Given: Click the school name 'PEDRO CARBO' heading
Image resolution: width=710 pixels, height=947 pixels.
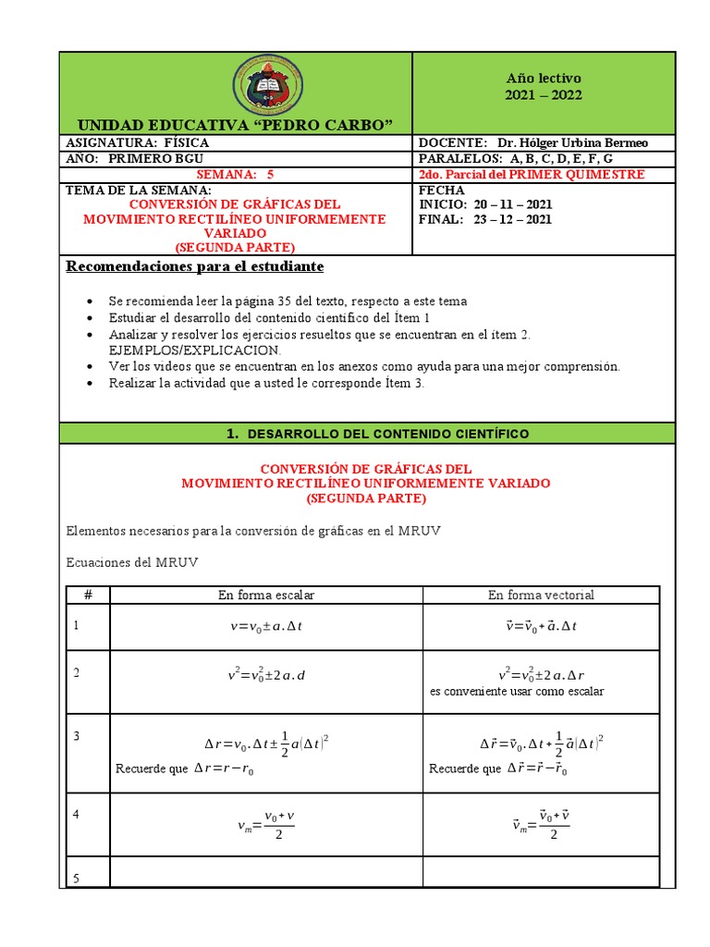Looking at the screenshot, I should point(235,125).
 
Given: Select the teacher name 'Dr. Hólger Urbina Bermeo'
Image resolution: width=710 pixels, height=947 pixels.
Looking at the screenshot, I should point(572,142).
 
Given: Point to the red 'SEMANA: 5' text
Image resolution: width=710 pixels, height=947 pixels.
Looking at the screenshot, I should point(236,174).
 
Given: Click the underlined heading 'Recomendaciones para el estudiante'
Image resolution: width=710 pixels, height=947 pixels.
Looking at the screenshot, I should point(194,266).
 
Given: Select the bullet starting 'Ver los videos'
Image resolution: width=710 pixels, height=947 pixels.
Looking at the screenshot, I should point(363,366).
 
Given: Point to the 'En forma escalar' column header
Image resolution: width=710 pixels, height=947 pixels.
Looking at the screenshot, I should point(266,595).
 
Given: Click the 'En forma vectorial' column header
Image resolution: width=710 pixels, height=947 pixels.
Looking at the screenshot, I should point(541,595).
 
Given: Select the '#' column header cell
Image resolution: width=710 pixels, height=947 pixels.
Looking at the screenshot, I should point(88,595).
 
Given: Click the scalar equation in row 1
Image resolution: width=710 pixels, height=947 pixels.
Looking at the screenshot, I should point(266,626).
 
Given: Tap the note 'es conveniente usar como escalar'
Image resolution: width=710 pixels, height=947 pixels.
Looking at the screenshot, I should point(517,691).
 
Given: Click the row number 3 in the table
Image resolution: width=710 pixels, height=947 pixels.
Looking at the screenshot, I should point(78,736).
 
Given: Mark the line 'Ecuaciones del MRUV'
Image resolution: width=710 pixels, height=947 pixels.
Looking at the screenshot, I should point(132,562).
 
